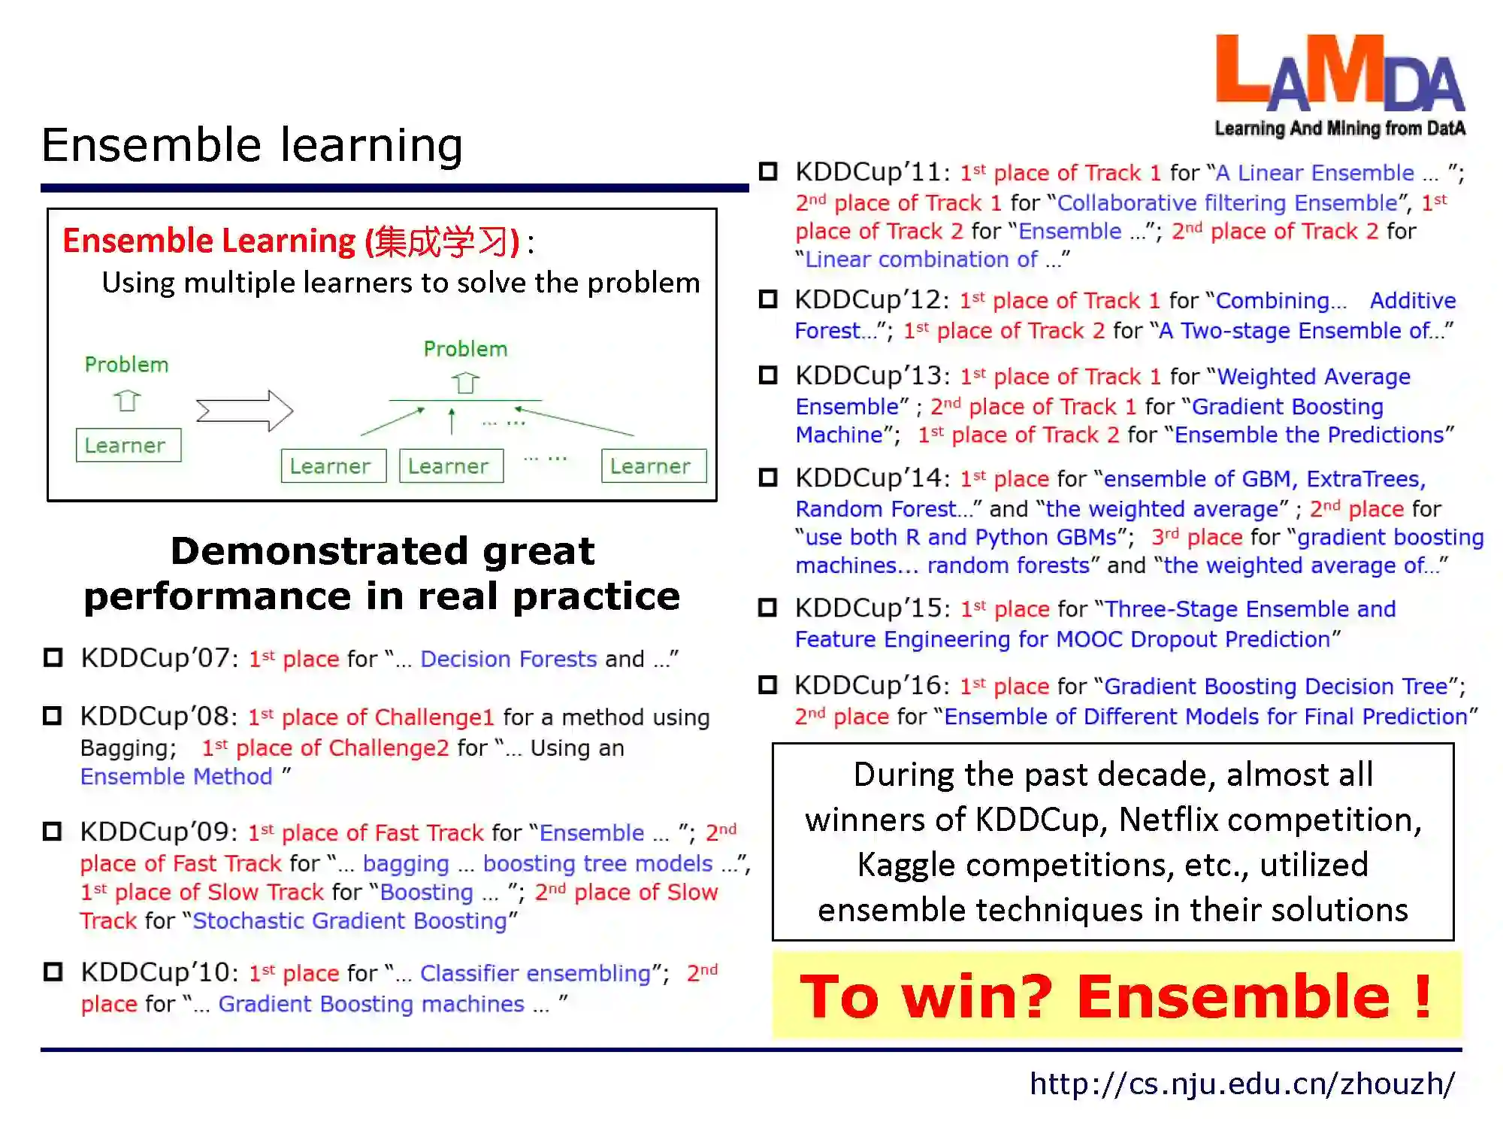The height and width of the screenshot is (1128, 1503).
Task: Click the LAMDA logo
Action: tap(1340, 86)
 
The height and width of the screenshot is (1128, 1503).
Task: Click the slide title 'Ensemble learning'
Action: tap(252, 144)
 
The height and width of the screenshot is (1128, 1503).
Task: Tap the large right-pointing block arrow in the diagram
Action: tap(244, 411)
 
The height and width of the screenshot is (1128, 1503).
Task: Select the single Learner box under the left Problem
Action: tap(128, 445)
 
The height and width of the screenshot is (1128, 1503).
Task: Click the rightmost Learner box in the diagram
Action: tap(653, 466)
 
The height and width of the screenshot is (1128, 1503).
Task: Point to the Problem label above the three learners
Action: tap(466, 349)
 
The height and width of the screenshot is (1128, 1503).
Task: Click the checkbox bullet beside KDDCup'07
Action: tap(53, 658)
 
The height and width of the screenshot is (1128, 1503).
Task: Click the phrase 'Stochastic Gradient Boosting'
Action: tap(350, 920)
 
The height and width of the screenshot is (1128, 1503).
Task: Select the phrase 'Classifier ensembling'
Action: tap(535, 973)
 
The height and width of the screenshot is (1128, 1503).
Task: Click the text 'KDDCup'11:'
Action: tap(873, 172)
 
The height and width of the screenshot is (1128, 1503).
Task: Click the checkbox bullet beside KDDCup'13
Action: tap(768, 374)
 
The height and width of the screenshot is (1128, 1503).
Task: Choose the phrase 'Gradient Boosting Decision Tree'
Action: tap(1275, 686)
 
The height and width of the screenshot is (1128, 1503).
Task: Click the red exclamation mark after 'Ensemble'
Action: tap(1422, 996)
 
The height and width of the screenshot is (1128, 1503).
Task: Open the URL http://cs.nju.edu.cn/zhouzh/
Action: tap(1242, 1084)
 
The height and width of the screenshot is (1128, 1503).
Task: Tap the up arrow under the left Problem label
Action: tap(127, 400)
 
